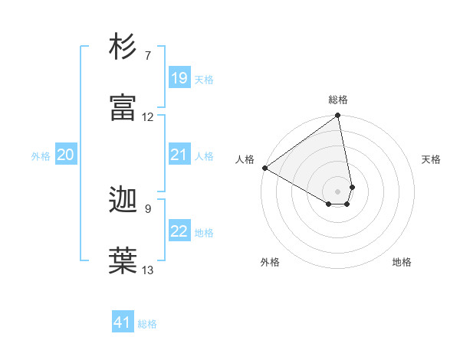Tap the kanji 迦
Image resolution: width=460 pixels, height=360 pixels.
[x=124, y=201]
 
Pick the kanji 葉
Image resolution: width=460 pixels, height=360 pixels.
[x=124, y=261]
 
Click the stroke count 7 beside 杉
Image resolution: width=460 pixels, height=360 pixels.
[x=147, y=56]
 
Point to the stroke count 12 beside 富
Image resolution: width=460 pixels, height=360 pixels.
[x=148, y=117]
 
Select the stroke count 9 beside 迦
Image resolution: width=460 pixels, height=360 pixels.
[x=147, y=208]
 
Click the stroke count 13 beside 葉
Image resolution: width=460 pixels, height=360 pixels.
[x=148, y=270]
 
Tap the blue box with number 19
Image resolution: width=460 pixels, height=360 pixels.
[x=179, y=78]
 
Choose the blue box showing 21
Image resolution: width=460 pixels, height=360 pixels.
[x=179, y=155]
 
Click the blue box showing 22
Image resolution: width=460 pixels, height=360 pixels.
[x=179, y=231]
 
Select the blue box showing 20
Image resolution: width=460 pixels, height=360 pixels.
[x=66, y=155]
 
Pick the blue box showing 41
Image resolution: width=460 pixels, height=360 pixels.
[x=123, y=323]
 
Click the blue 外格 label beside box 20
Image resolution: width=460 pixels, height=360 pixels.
[x=41, y=156]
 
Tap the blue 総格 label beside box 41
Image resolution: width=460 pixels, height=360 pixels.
[x=147, y=324]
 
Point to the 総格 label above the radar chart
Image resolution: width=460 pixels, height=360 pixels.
[x=338, y=100]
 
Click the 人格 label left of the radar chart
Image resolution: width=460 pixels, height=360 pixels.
[x=245, y=159]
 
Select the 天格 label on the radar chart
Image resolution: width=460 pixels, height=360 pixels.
[x=431, y=159]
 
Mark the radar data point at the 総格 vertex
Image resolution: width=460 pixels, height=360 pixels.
[x=338, y=116]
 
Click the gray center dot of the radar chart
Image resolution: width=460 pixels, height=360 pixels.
[x=338, y=191]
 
